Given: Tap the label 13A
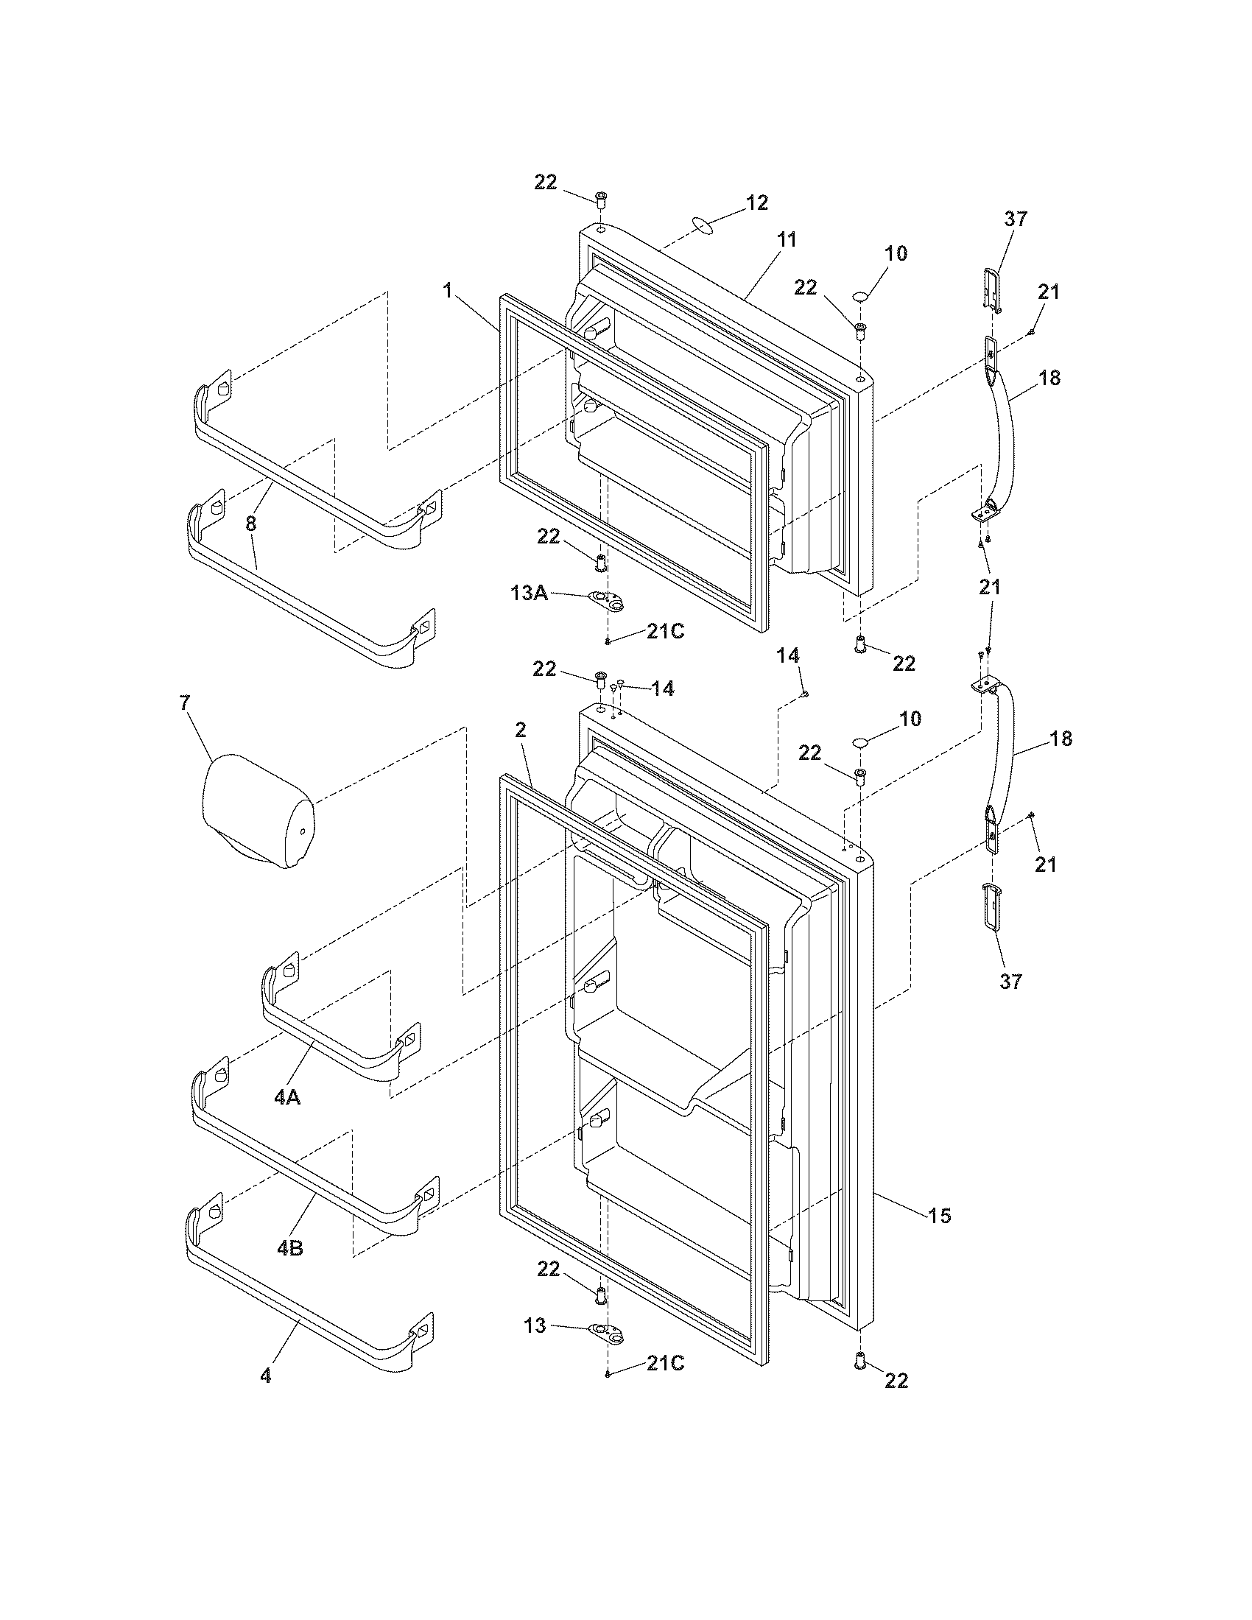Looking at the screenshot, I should [528, 593].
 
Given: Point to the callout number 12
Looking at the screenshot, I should [756, 202].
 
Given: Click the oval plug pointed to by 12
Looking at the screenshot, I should [703, 223].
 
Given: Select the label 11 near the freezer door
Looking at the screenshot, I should [787, 239].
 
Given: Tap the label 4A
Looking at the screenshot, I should [287, 1118].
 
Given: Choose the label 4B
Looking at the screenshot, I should [289, 1248].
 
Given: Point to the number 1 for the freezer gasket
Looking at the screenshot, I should [447, 291].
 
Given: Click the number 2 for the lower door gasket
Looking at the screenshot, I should [521, 730].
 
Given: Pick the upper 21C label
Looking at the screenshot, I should [665, 631].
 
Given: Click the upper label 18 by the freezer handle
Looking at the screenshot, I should [1049, 378].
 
